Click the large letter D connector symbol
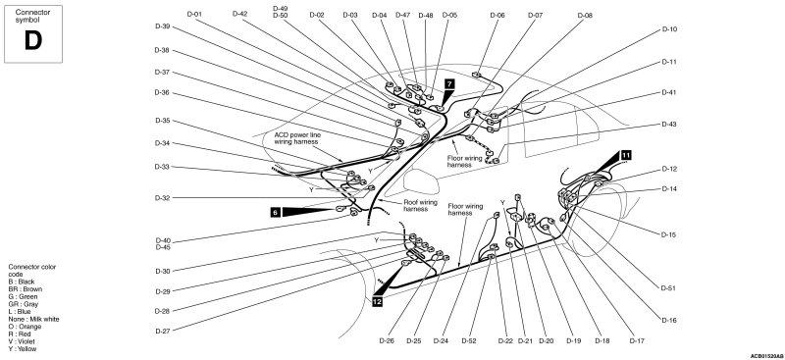(x=33, y=40)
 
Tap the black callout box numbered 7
(x=449, y=83)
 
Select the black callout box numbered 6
(x=276, y=212)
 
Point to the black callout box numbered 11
(x=626, y=155)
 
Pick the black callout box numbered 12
(x=378, y=301)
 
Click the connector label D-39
(x=162, y=26)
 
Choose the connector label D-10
(x=669, y=29)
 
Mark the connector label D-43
(x=669, y=124)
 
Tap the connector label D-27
(x=163, y=331)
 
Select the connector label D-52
(x=469, y=341)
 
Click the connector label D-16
(x=669, y=320)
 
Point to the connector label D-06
(x=497, y=16)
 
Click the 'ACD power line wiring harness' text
(x=297, y=138)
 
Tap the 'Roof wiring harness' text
(x=421, y=205)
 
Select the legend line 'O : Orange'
(x=26, y=327)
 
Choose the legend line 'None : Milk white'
(x=33, y=319)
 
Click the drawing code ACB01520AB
(x=766, y=356)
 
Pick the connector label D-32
(x=163, y=198)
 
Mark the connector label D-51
(x=669, y=287)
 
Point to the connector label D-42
(x=239, y=14)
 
